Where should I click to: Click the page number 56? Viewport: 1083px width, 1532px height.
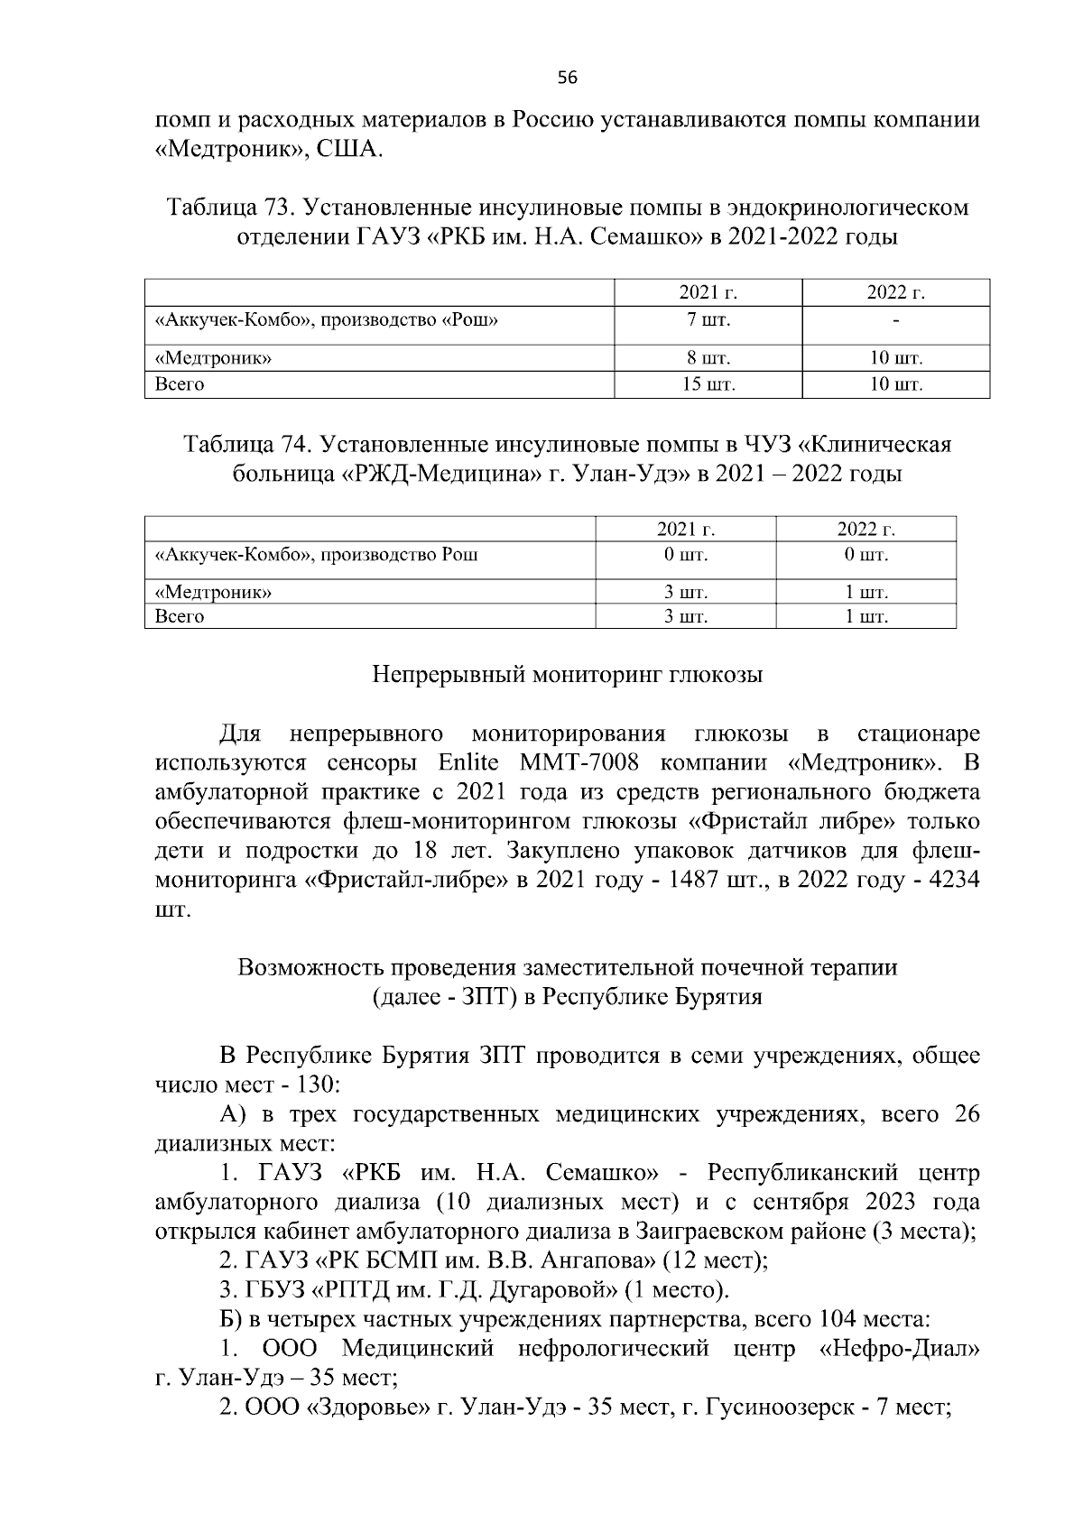567,78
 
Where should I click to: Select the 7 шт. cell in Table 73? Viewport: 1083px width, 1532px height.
708,319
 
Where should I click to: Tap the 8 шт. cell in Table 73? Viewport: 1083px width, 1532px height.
708,358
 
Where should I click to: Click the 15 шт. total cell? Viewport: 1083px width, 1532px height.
708,384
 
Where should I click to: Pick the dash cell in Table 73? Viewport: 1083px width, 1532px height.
895,319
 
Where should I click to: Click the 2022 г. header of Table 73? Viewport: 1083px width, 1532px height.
895,292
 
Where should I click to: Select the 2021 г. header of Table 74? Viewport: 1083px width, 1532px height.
685,529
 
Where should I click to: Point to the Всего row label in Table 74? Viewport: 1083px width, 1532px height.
180,616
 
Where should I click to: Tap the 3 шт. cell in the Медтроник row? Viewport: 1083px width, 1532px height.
685,593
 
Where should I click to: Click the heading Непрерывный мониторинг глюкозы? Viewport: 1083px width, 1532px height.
567,675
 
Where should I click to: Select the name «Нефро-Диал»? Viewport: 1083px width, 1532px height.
899,1349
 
